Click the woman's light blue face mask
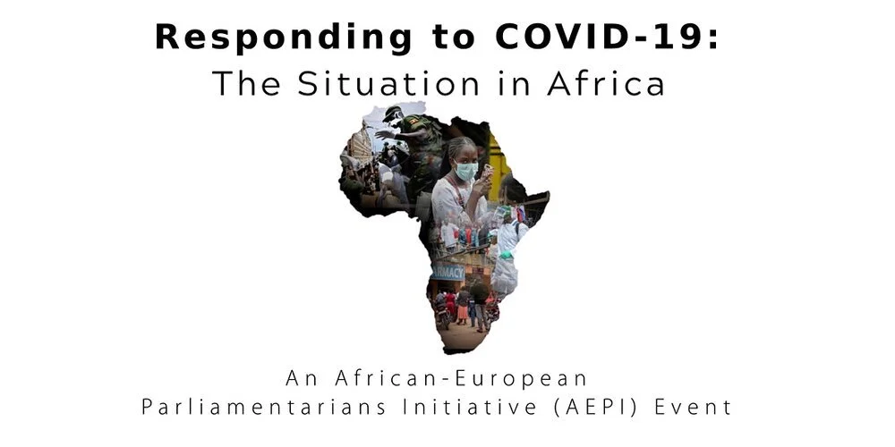click(465, 171)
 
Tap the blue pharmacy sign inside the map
click(447, 270)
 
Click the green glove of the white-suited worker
click(507, 254)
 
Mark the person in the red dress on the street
click(463, 308)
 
